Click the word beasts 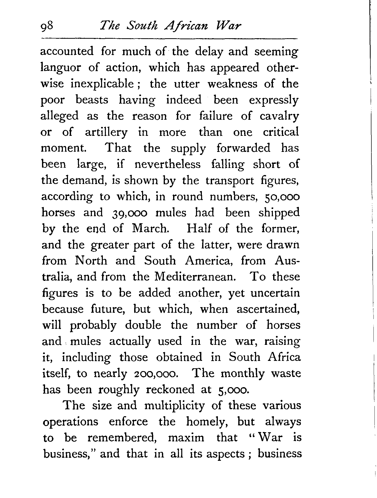pos(92,100)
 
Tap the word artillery pos(106,133)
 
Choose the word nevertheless pos(167,164)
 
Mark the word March pos(150,229)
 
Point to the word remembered pos(121,438)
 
